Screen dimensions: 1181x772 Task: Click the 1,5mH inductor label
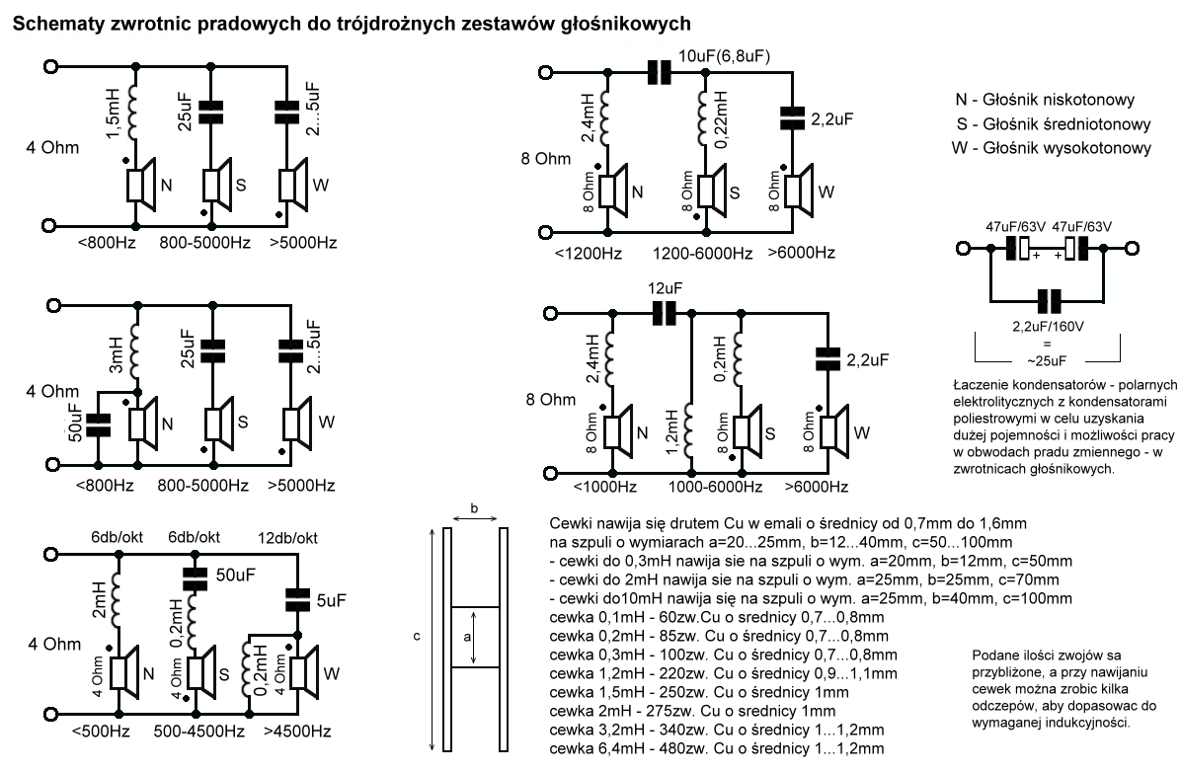[x=113, y=113]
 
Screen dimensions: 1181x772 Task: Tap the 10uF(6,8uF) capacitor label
[x=724, y=55]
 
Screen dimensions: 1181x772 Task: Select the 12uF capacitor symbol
[x=665, y=313]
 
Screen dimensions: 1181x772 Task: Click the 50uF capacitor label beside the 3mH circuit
[x=75, y=423]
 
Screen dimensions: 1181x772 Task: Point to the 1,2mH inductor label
[x=671, y=432]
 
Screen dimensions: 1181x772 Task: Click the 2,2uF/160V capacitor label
[x=1048, y=327]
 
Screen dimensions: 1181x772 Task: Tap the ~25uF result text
[x=1047, y=360]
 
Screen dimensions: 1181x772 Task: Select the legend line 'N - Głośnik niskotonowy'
[x=1045, y=100]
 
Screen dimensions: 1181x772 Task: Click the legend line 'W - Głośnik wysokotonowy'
[x=1052, y=148]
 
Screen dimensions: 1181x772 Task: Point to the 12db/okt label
[x=287, y=538]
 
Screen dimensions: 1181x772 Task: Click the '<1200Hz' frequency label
[x=589, y=253]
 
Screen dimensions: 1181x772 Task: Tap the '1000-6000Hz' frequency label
[x=716, y=487]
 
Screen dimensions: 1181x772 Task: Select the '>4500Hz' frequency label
[x=297, y=731]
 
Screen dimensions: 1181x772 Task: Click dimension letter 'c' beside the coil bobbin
[x=417, y=637]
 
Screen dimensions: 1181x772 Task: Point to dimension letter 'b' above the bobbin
[x=474, y=508]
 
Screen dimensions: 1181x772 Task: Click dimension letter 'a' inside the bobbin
[x=467, y=637]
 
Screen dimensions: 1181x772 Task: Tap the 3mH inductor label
[x=116, y=354]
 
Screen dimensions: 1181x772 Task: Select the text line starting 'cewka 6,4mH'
[x=716, y=748]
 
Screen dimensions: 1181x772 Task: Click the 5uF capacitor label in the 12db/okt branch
[x=332, y=600]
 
